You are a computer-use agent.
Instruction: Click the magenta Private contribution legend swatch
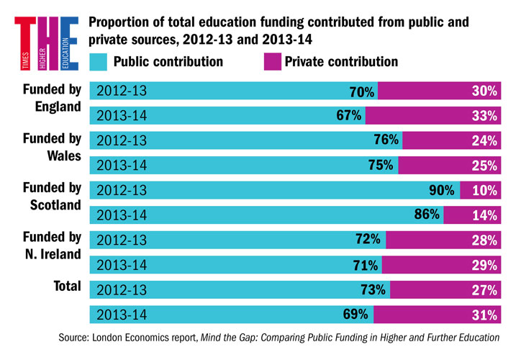click(271, 62)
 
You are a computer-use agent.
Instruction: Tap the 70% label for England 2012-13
click(362, 91)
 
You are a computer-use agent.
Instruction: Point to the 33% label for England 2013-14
click(485, 116)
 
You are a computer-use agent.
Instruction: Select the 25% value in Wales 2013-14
click(485, 166)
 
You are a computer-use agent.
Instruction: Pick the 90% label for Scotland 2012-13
click(441, 191)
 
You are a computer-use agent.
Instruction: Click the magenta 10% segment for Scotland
click(479, 191)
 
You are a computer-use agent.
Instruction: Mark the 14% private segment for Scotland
click(471, 215)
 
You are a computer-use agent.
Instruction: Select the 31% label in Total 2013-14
click(485, 315)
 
